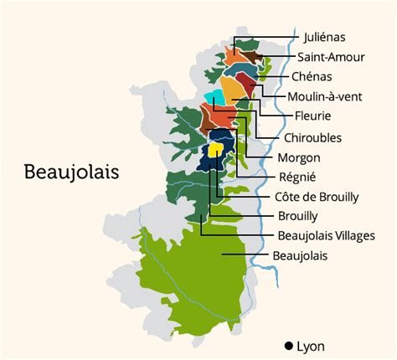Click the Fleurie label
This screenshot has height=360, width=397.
[x=313, y=116]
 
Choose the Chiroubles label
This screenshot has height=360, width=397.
[x=312, y=136]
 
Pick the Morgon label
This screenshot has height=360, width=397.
[x=299, y=157]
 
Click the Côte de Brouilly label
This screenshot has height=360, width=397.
[x=317, y=197]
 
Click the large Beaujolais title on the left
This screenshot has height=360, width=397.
[x=71, y=172]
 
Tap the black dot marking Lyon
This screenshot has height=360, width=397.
[x=288, y=346]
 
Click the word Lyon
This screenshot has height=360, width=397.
[x=310, y=346]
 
